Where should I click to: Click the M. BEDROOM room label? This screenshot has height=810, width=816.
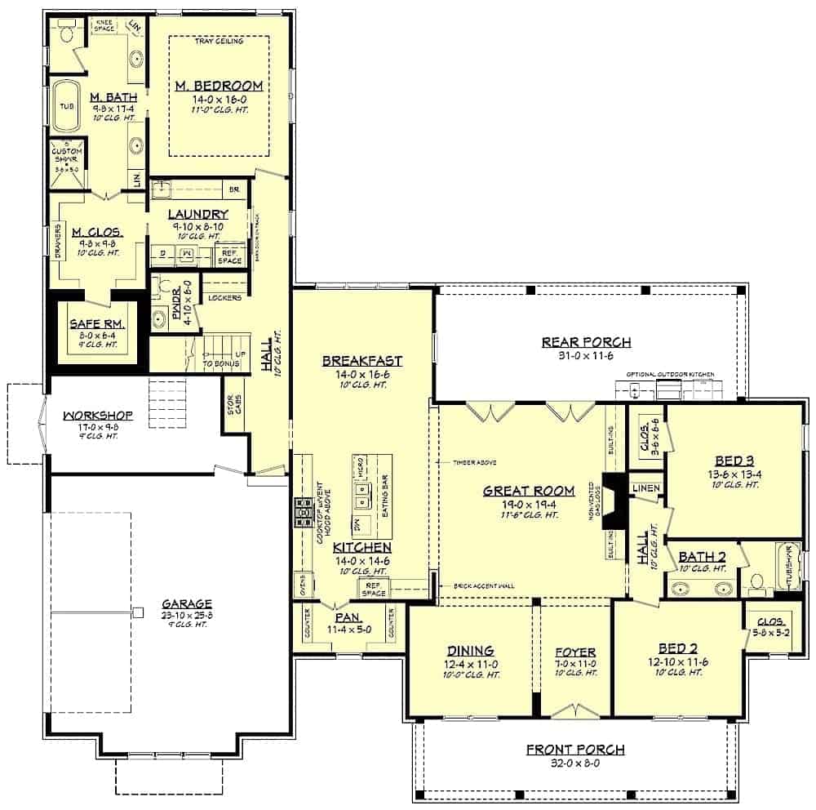click(219, 85)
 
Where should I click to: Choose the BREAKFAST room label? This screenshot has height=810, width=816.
click(361, 360)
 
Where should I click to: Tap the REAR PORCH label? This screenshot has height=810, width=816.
click(586, 341)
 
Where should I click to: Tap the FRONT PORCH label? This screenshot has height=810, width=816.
click(575, 749)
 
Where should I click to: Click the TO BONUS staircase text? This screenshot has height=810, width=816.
click(220, 363)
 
